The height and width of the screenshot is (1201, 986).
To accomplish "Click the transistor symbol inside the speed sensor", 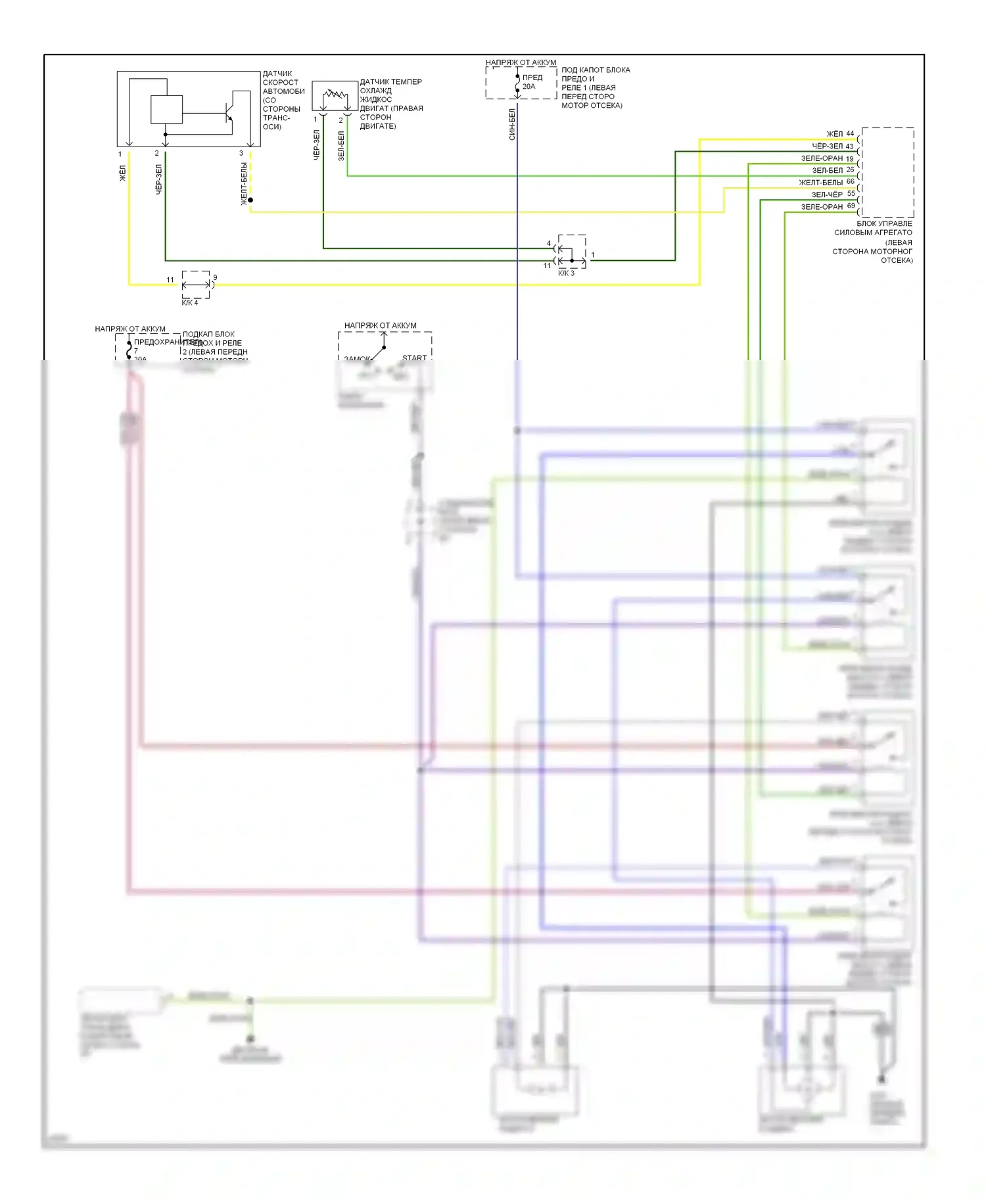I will coord(228,114).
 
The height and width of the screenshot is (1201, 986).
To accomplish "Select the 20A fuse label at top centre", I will coord(529,87).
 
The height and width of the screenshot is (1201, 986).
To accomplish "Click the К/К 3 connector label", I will coord(566,273).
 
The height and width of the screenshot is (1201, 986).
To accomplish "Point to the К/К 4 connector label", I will coord(190,302).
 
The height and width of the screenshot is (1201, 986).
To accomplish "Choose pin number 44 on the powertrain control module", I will coord(850,133).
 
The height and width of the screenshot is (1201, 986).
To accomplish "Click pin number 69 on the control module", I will coord(851,206).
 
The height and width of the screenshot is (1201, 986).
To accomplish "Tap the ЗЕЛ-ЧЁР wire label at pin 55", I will coord(826,194).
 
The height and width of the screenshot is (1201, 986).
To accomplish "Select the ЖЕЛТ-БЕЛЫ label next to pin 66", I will coord(820,182).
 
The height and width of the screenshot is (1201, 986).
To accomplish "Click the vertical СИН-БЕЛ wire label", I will coord(512,124).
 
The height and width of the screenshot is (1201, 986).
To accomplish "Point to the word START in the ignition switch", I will coord(414,357).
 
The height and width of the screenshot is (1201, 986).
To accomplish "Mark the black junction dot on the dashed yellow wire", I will coord(250,200).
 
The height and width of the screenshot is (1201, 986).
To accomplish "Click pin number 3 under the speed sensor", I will coord(241,153).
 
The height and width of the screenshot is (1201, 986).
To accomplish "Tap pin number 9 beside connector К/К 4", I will coord(215,278).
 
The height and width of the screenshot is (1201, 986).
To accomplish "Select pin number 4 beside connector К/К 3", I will coord(549,243).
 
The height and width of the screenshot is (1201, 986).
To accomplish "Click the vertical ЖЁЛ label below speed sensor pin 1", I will coord(122,173).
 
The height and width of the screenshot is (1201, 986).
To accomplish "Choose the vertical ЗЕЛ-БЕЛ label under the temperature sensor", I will coord(341,146).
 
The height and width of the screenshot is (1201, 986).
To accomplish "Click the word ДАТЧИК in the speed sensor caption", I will coord(277,74).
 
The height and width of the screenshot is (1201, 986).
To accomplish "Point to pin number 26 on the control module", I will coord(850,170).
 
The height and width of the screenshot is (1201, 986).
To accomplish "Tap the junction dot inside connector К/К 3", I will coord(572,260).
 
